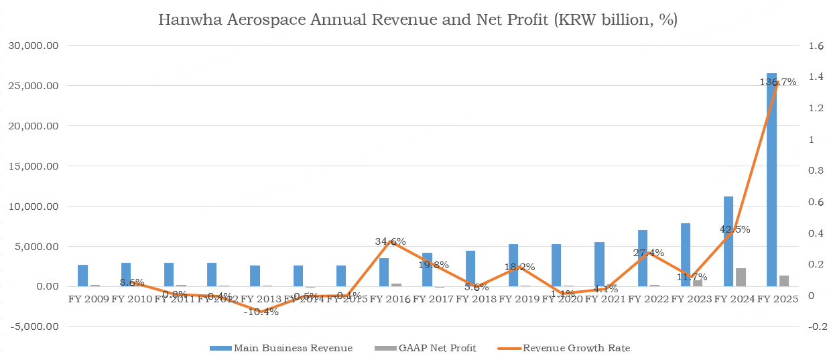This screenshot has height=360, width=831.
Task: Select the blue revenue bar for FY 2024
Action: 728,241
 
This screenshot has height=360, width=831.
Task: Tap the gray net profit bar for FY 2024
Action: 741,278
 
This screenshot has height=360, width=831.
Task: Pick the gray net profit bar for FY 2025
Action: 783,281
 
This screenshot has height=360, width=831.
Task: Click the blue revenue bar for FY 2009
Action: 83,276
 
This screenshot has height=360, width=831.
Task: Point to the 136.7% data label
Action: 777,82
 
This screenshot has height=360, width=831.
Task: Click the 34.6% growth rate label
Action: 390,241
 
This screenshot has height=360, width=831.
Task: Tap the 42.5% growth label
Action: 734,229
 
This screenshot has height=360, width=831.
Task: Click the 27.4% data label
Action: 648,253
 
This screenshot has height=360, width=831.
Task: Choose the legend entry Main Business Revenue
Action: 292,348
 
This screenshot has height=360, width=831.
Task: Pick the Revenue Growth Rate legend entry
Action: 576,348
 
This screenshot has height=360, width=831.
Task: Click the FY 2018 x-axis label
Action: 476,299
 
